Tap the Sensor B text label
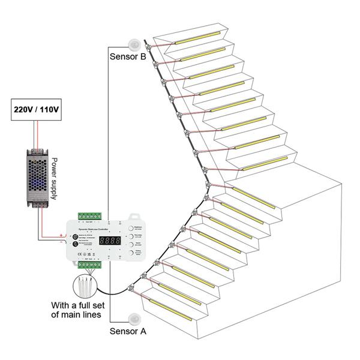pos(128,57)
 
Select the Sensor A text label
pos(128,331)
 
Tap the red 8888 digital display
pos(110,240)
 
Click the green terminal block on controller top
pos(89,216)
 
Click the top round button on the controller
pos(130,229)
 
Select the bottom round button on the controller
pos(130,253)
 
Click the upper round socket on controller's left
pos(75,236)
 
